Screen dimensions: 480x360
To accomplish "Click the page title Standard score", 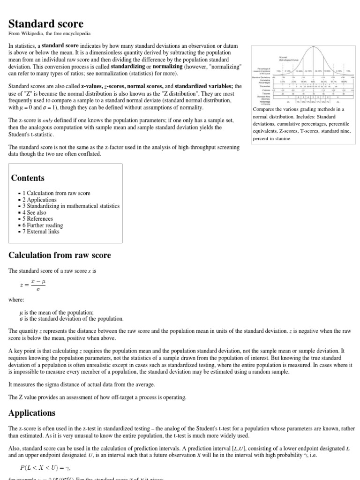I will tap(46, 23).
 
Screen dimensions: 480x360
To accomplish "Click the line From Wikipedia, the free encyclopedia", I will tap(50, 34).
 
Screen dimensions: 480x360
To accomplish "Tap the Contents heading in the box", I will tap(28, 178).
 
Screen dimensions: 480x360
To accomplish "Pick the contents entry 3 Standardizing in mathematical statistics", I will tap(71, 206).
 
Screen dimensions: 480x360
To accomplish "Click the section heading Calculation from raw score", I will tap(60, 255).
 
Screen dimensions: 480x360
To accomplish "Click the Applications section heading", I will tap(32, 413).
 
